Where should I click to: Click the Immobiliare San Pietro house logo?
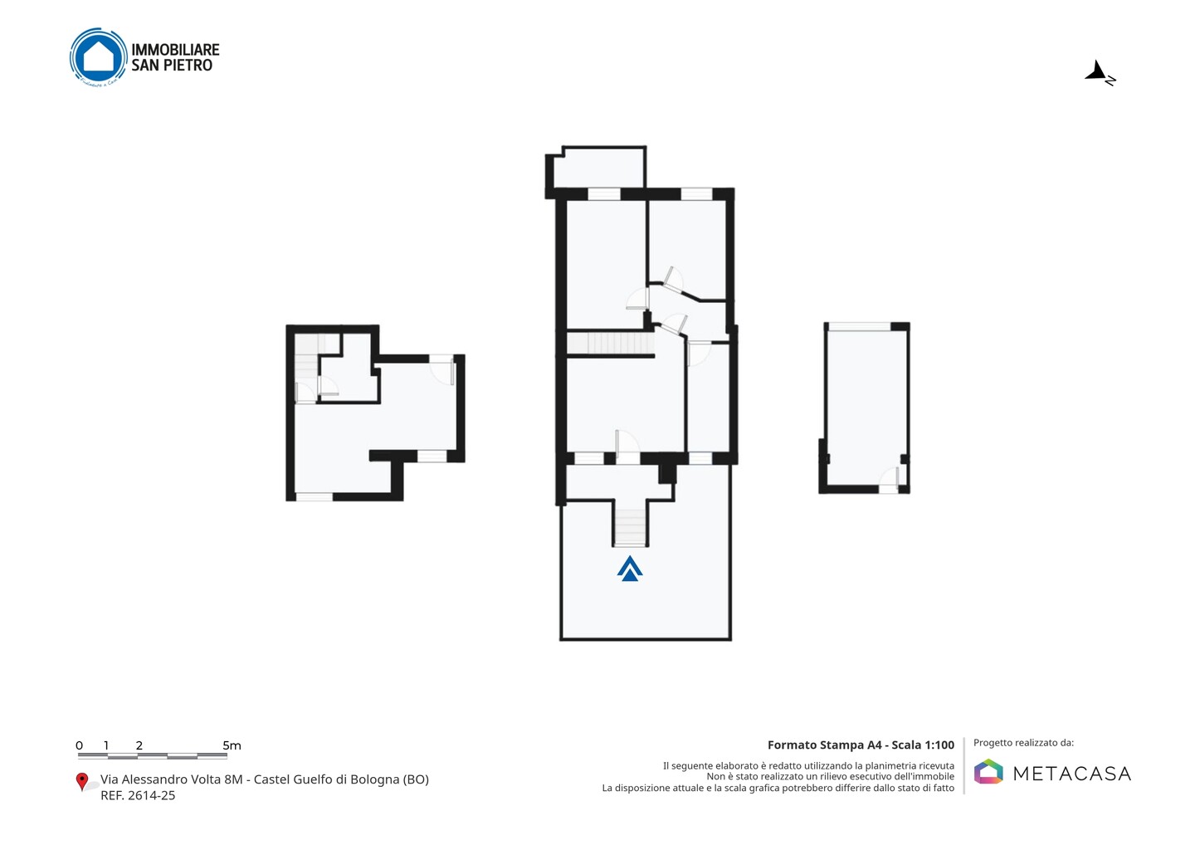(99, 57)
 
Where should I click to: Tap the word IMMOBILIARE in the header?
(176, 50)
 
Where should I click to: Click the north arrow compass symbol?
(1100, 72)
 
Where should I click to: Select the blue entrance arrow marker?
(630, 568)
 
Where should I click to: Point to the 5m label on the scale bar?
(232, 745)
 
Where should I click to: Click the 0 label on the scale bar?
(80, 745)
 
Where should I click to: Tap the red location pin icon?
(81, 782)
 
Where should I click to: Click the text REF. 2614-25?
(138, 795)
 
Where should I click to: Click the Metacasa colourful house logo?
(988, 771)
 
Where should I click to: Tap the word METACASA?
(1072, 774)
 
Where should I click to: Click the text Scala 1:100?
(923, 745)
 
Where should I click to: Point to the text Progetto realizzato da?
(1023, 743)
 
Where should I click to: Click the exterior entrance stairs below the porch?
(630, 527)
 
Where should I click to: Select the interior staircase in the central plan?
(611, 343)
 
